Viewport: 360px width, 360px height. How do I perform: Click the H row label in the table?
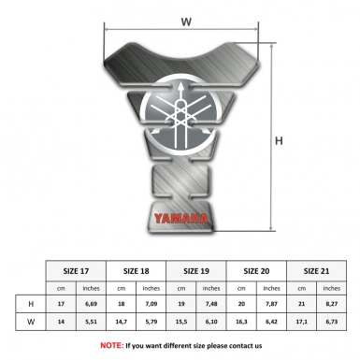pos(33,305)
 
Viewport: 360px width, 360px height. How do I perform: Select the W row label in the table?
pos(33,324)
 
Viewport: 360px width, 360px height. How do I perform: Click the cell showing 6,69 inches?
pos(93,305)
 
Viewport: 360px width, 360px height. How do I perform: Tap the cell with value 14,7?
pos(122,324)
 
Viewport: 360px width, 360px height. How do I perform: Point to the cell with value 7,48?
pos(212,305)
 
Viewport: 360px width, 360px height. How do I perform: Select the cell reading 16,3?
pos(242,324)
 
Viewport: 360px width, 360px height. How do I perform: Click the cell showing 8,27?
pos(332,305)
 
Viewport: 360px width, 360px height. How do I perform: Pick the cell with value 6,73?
pos(332,324)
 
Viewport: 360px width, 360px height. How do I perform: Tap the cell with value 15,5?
pos(182,324)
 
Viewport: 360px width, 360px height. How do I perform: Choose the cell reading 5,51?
pos(93,324)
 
